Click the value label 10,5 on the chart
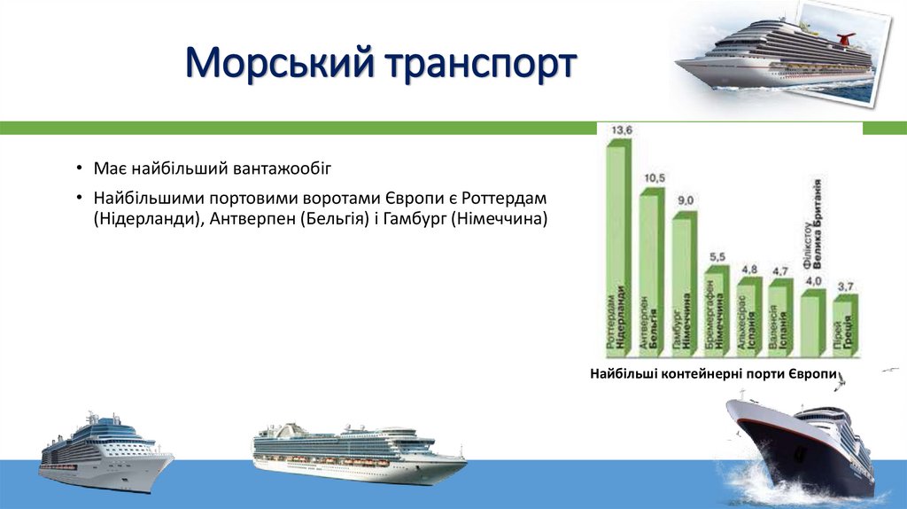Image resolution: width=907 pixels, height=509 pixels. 655,178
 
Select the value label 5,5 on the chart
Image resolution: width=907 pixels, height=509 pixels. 717,257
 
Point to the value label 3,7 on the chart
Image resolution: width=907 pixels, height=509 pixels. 845,286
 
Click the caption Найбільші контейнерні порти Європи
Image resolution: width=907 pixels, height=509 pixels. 714,376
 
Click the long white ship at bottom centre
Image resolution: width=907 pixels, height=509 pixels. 359,452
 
